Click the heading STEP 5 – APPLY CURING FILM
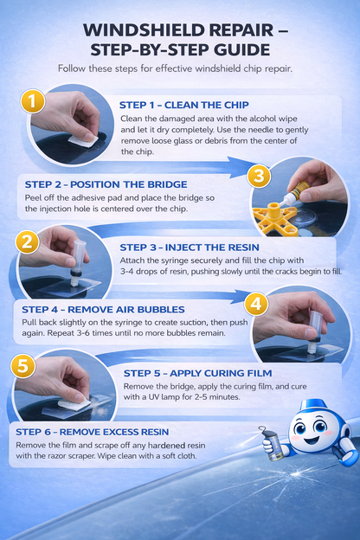pos(185,373)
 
